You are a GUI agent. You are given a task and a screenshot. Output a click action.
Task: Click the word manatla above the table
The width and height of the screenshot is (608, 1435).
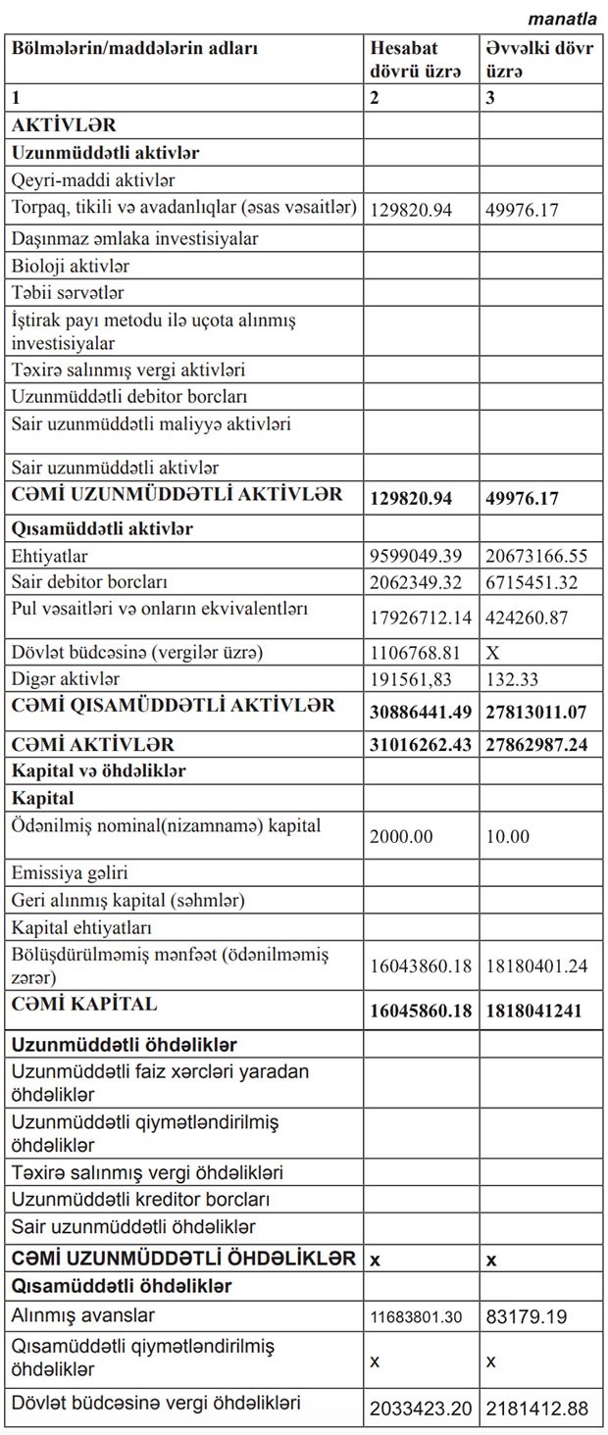(562, 19)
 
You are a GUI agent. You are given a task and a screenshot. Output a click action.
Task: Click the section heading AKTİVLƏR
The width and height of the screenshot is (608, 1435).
(64, 125)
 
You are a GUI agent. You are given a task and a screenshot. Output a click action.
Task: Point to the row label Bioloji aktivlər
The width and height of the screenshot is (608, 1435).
(71, 266)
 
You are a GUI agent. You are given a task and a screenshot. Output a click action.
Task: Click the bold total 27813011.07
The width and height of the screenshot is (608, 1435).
(536, 710)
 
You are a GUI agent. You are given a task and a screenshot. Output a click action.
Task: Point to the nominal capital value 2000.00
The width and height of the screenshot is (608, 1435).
(400, 836)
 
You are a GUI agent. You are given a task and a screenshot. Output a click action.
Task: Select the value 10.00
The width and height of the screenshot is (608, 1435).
(507, 836)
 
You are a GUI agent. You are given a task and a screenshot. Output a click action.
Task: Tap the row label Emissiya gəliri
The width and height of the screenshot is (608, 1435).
(70, 872)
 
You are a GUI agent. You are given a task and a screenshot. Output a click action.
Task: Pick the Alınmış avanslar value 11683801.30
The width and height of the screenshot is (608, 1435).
(416, 1317)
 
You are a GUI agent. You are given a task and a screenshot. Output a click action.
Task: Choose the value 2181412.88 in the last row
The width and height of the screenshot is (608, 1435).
(537, 1409)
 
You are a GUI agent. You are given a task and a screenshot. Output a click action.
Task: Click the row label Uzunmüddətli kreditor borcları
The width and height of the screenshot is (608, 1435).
(140, 1199)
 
